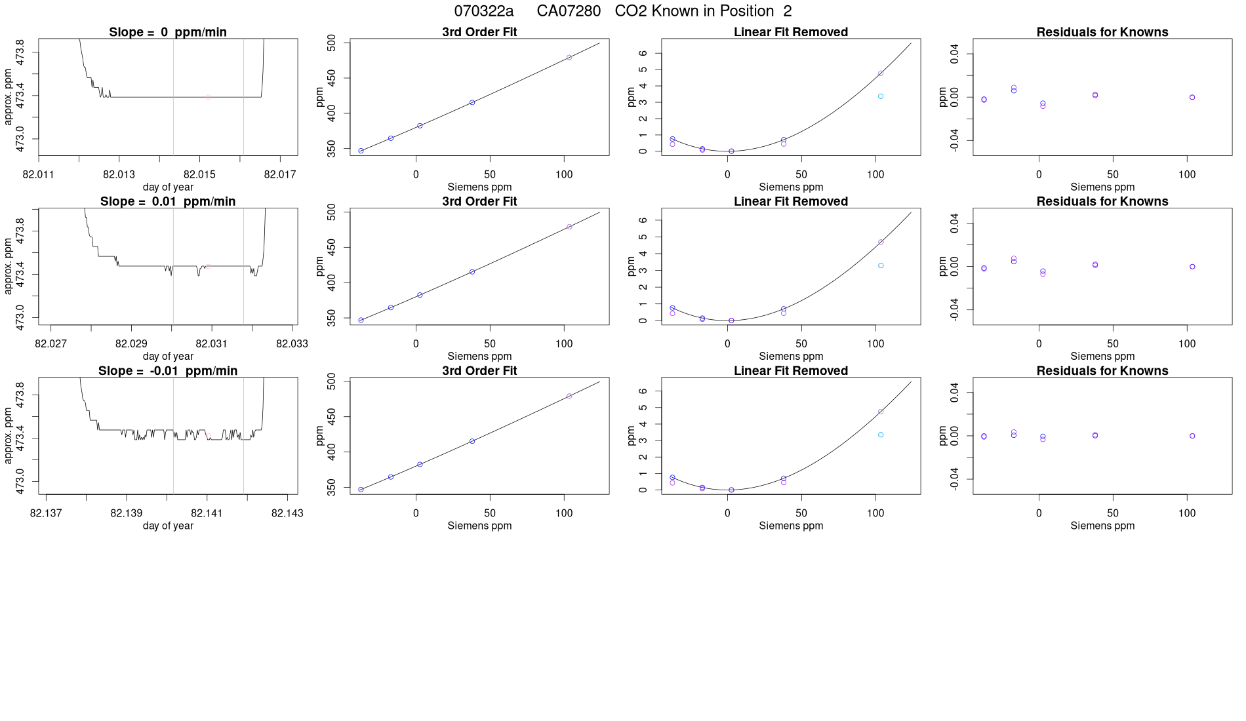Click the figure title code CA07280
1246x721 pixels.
pos(569,11)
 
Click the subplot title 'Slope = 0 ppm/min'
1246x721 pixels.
pos(168,32)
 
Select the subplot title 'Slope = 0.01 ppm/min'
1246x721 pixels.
pos(168,201)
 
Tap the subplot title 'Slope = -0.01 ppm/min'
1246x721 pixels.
pos(168,370)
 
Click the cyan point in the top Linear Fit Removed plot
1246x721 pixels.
pos(881,96)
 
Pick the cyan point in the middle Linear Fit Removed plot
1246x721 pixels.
pos(881,265)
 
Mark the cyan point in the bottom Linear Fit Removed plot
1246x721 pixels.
pos(881,435)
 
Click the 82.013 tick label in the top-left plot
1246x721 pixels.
pos(119,174)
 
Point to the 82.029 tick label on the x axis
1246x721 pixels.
pos(131,343)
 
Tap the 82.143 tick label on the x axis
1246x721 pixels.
pos(287,513)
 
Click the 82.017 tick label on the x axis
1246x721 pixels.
pos(280,174)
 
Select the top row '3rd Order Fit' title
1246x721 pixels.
pos(479,32)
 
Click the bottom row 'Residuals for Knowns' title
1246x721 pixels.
pos(1102,370)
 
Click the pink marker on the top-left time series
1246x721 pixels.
pos(208,97)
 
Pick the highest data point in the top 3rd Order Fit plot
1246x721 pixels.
pos(569,58)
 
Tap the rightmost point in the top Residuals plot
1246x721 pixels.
pos(1192,98)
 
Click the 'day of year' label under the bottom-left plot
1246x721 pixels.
pos(168,526)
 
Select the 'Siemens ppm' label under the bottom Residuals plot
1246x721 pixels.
pos(1102,526)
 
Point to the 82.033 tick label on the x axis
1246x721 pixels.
pos(292,343)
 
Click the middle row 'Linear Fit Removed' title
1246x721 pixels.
pos(791,201)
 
